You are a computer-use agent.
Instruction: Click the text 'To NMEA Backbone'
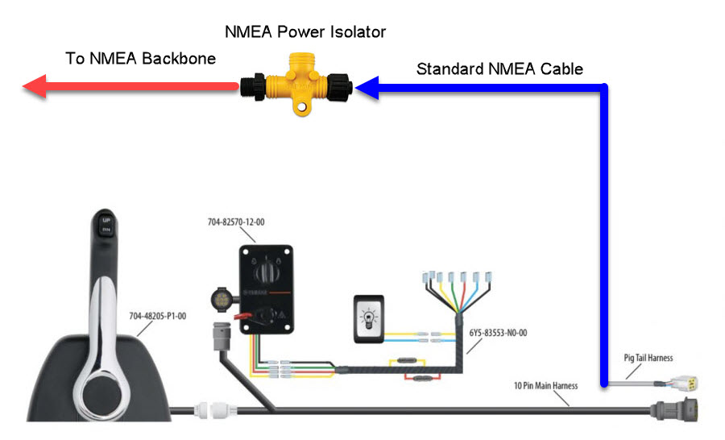coord(140,58)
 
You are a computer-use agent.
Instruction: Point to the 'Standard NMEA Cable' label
coord(499,68)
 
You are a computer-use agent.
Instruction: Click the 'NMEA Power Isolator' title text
coord(305,32)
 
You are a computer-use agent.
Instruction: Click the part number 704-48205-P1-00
coord(158,317)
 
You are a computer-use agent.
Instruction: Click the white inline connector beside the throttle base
coord(215,410)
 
